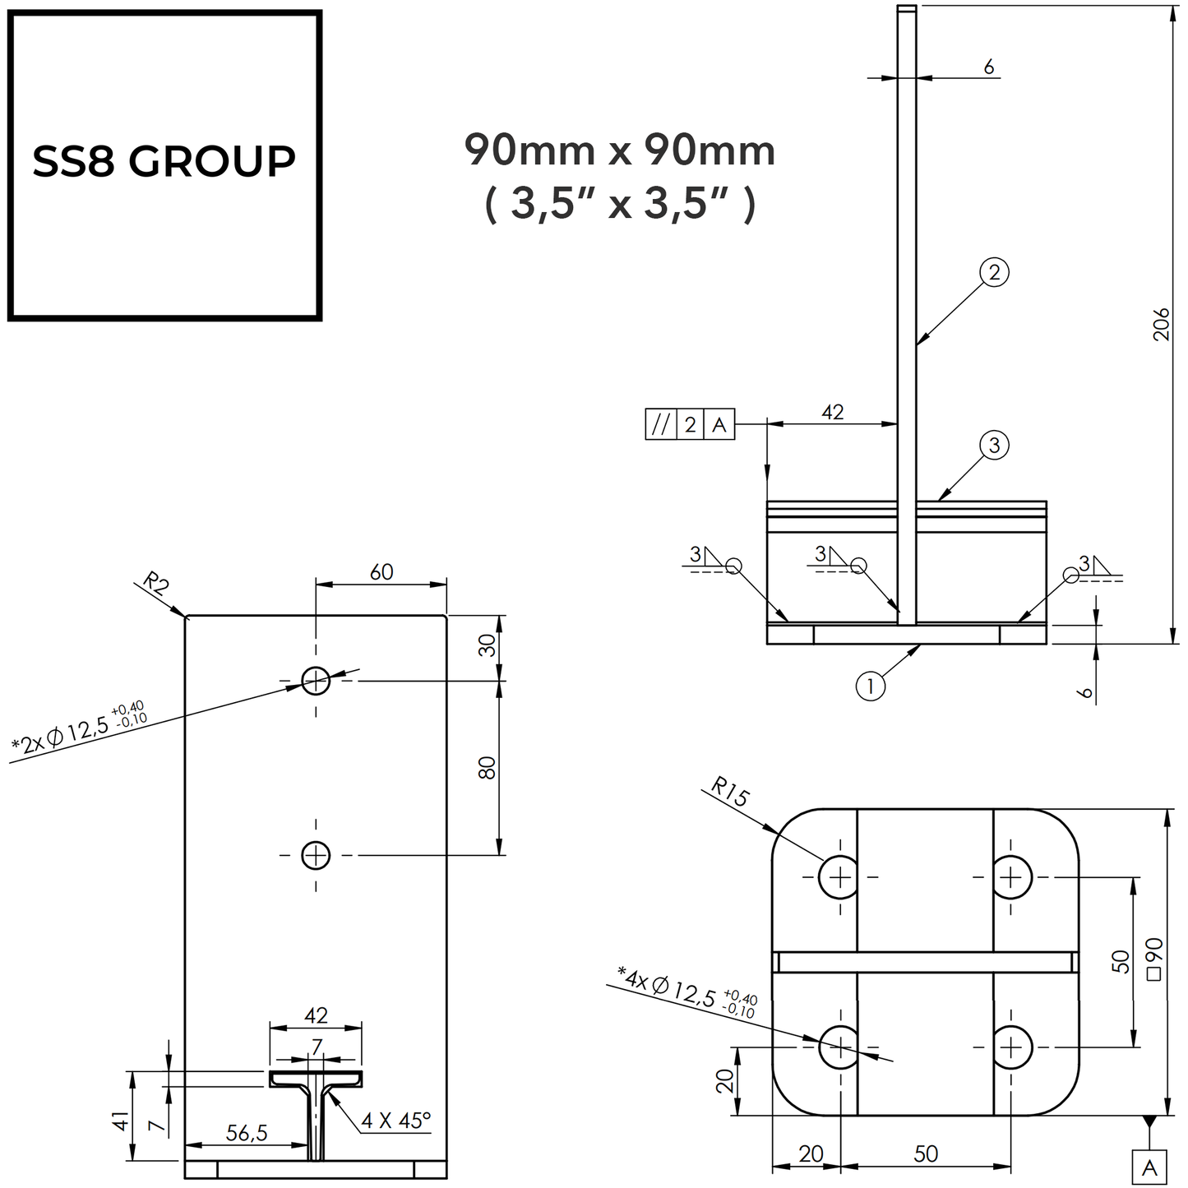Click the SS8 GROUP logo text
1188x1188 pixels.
tap(164, 161)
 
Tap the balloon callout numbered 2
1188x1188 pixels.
tap(994, 272)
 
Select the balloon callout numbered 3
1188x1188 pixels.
tap(994, 445)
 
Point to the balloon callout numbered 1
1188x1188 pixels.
tap(870, 685)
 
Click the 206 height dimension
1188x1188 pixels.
tap(1160, 325)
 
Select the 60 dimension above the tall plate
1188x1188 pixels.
tap(381, 571)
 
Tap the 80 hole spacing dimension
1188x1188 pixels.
tap(488, 768)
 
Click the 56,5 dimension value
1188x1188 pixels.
tap(247, 1133)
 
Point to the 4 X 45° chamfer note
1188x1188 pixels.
tap(396, 1121)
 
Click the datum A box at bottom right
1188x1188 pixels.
tap(1149, 1167)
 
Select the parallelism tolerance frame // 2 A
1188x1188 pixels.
tap(689, 425)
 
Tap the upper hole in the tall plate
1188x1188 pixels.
tap(316, 681)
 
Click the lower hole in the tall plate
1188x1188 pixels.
tap(316, 856)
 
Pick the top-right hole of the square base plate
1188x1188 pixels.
tap(1012, 876)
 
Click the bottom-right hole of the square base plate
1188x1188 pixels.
tap(1012, 1047)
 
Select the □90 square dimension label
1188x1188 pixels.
tap(1153, 959)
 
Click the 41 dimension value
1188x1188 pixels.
tap(120, 1121)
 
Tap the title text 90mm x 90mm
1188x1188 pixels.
tap(620, 150)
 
